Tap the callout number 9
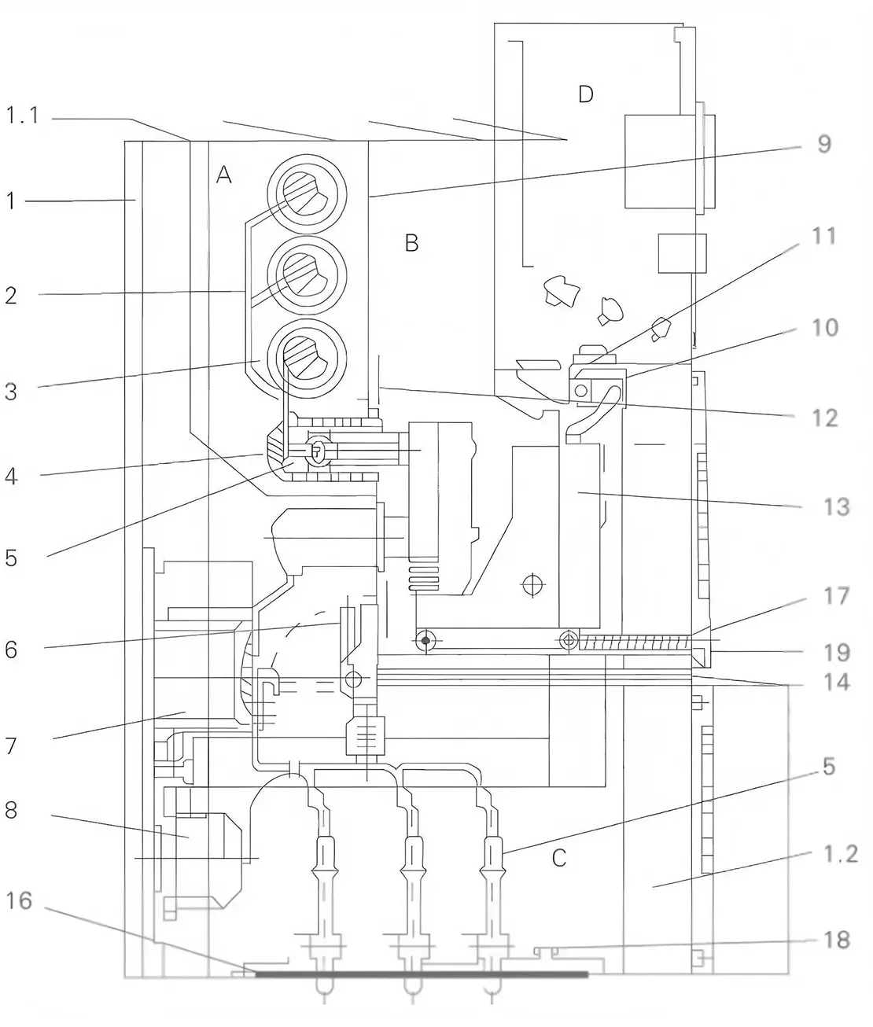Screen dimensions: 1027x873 pos(823,144)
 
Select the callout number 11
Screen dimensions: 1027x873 pos(823,235)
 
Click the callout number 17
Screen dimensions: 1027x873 pos(836,596)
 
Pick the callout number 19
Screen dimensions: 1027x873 pos(836,652)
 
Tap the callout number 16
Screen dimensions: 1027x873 pos(20,900)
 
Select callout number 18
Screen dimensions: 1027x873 pos(836,939)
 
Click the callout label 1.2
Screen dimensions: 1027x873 pos(839,854)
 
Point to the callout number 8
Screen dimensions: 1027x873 pos(10,809)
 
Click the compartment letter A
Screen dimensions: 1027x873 pos(224,176)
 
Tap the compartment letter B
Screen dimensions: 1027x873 pos(411,243)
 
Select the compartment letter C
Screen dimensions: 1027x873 pos(558,857)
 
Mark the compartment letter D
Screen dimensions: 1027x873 pos(585,94)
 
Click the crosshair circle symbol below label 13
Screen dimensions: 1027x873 pos(533,584)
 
